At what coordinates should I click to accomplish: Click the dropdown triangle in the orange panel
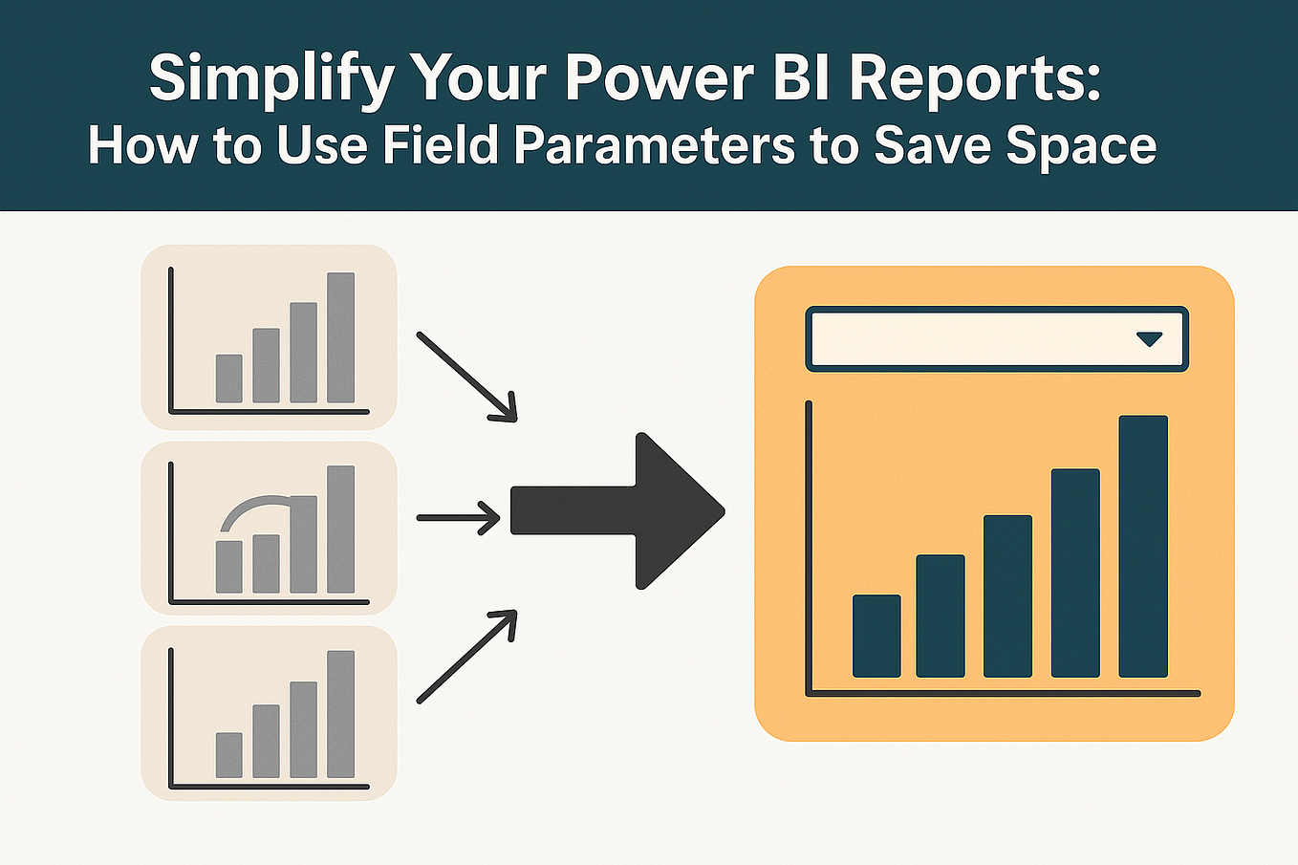1149,339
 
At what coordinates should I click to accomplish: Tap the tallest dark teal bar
1143,546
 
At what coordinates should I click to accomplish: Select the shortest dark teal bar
876,636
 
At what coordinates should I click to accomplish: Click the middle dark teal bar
1007,595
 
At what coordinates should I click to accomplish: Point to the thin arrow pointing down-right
466,376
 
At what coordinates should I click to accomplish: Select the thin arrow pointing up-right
466,658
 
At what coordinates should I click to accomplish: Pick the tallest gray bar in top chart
341,337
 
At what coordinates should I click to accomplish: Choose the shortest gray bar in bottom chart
229,754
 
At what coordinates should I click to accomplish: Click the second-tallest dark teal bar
1075,573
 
